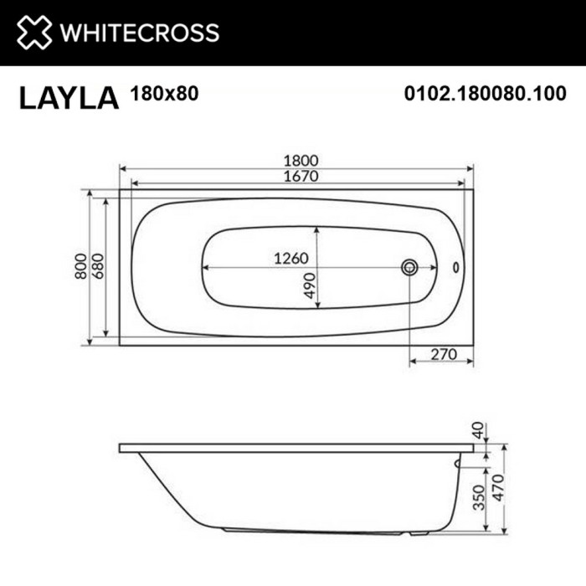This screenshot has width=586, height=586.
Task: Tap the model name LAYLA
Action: pyautogui.click(x=69, y=97)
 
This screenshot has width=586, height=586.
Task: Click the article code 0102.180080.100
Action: pyautogui.click(x=485, y=95)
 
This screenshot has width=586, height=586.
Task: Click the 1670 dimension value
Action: pyautogui.click(x=297, y=177)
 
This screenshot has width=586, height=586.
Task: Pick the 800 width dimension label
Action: pyautogui.click(x=81, y=266)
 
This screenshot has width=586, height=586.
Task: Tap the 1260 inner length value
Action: pyautogui.click(x=292, y=258)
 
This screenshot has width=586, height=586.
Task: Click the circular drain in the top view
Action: pyautogui.click(x=409, y=267)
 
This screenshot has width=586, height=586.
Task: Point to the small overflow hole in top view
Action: pyautogui.click(x=456, y=268)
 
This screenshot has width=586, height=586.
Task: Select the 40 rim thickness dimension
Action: pyautogui.click(x=478, y=432)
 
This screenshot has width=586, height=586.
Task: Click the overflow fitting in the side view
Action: pyautogui.click(x=457, y=460)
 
